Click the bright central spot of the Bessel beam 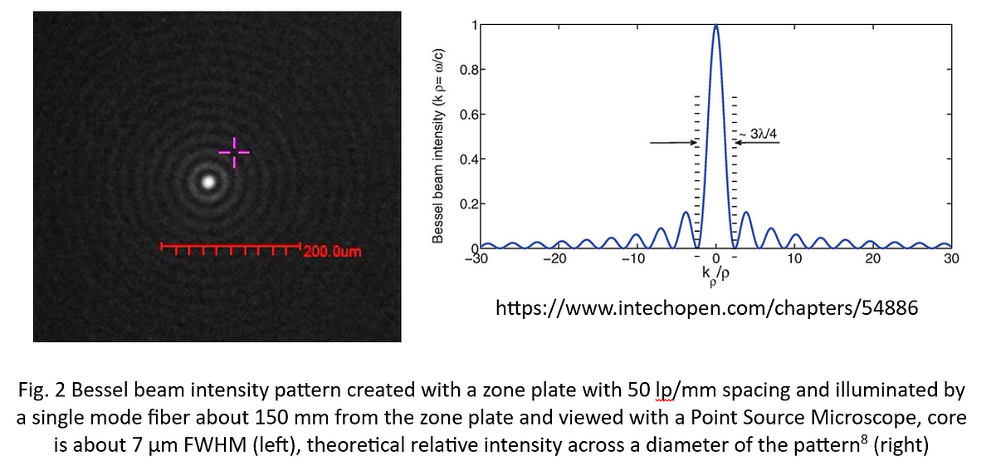(208, 180)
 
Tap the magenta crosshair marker (234, 152)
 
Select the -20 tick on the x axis (554, 259)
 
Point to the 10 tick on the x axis (794, 259)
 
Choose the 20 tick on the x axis (872, 259)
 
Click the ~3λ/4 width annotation (761, 133)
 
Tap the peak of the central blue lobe (715, 27)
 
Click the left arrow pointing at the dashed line (672, 143)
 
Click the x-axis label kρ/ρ (715, 274)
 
